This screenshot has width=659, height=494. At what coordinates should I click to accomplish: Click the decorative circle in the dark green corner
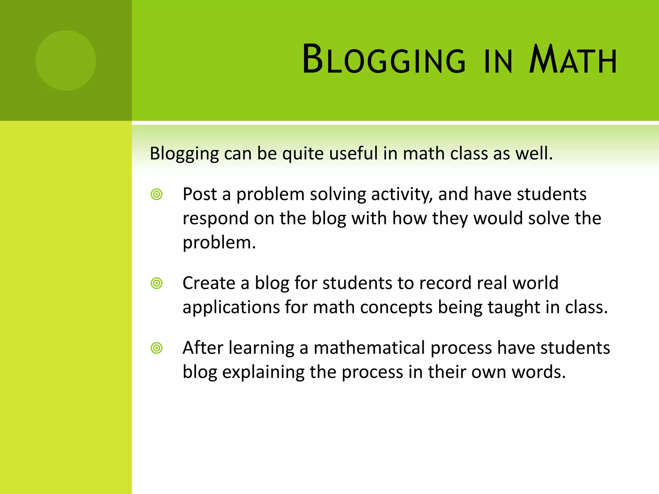[66, 60]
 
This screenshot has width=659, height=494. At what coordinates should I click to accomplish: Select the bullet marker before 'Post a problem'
[157, 195]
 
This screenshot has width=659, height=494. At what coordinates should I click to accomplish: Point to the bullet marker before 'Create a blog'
[157, 283]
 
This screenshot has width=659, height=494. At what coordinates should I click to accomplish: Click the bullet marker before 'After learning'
[157, 348]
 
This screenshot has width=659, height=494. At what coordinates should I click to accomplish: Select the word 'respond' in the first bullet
[215, 219]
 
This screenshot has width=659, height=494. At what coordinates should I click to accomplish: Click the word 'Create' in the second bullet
[209, 283]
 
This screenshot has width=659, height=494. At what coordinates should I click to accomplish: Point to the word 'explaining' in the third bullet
[263, 372]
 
